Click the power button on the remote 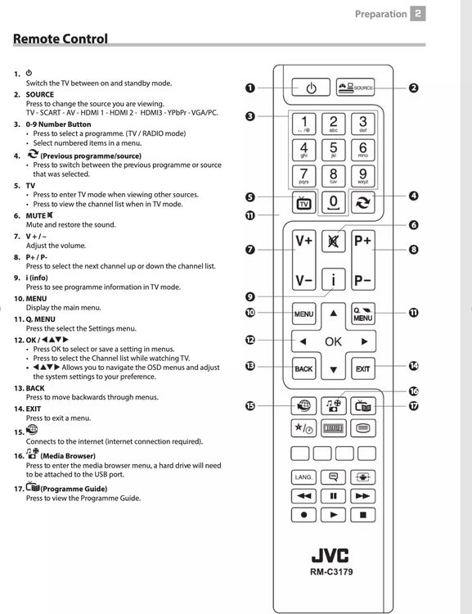[311, 88]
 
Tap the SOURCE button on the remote [355, 88]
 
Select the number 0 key [333, 202]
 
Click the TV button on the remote [303, 203]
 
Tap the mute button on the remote [333, 242]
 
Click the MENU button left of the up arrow [303, 314]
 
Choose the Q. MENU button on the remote [363, 314]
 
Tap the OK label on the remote [333, 341]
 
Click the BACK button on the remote [303, 369]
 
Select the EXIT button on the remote [363, 369]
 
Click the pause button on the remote [333, 496]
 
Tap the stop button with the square [363, 515]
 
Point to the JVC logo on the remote [330, 555]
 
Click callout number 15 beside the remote [250, 406]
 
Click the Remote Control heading [61, 38]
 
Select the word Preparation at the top [381, 14]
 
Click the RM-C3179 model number [331, 571]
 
